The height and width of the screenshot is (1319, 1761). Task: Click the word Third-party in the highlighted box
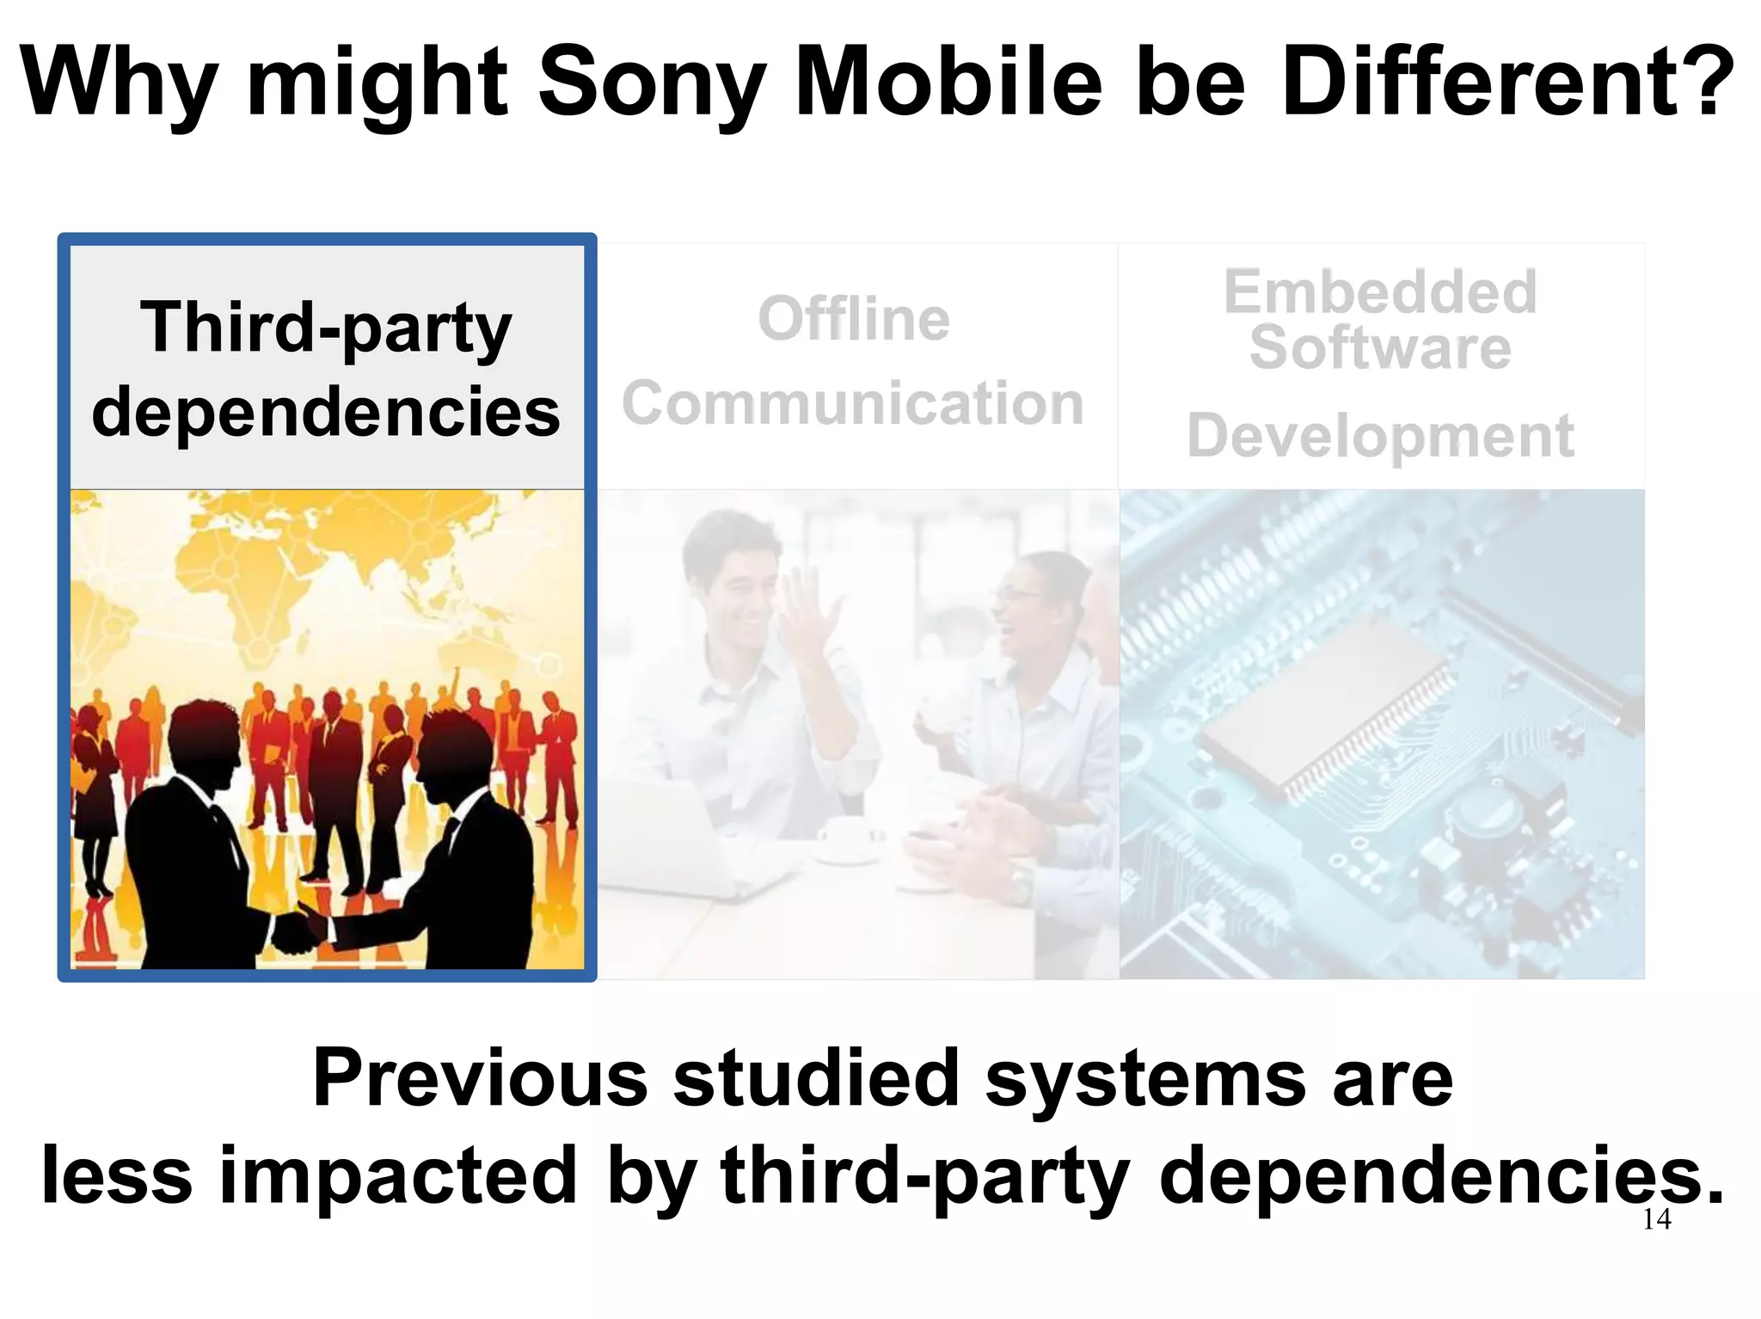[x=326, y=328]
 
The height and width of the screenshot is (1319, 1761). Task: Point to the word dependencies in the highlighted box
[x=326, y=413]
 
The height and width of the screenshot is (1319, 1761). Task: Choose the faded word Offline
[x=854, y=319]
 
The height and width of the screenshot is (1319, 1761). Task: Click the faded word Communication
[x=853, y=403]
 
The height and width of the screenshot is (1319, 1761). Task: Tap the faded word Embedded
[x=1380, y=292]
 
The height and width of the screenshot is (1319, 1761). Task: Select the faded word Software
[x=1380, y=348]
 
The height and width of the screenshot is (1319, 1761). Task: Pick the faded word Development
[x=1380, y=437]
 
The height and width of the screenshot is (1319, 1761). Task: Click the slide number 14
[x=1656, y=1219]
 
